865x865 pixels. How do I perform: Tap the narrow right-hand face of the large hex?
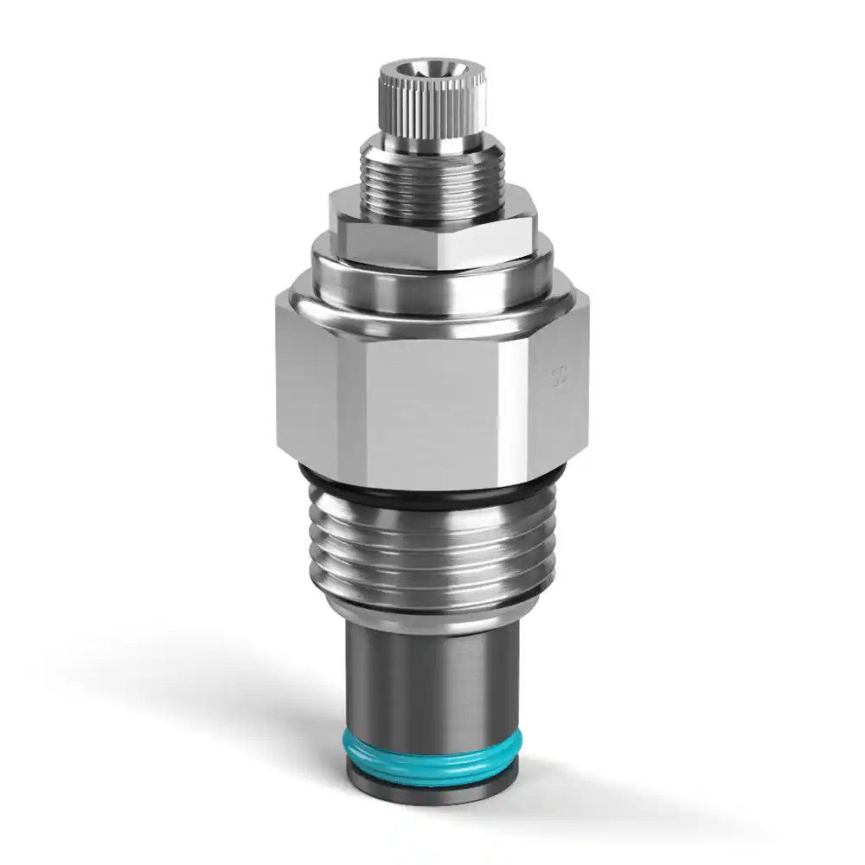pos(558,381)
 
